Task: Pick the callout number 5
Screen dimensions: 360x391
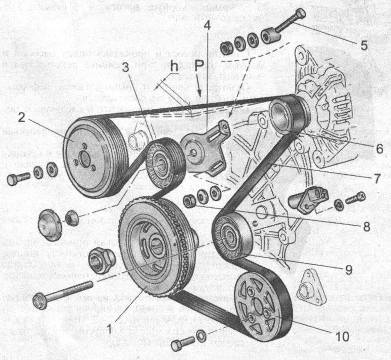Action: point(364,45)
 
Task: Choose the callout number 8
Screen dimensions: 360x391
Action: point(366,226)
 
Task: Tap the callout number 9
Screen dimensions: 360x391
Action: point(348,269)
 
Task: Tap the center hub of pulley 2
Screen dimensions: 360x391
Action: point(86,160)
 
